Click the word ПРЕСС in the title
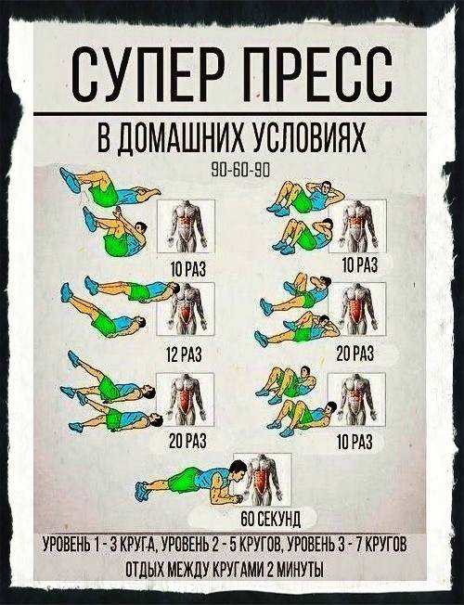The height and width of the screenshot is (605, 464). click(x=318, y=74)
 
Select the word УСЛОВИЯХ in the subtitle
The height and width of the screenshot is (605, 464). click(x=309, y=138)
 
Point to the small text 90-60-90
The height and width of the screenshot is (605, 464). click(x=239, y=169)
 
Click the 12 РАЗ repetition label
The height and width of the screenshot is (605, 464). click(x=184, y=354)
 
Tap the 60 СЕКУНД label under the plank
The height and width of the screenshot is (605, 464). click(x=270, y=519)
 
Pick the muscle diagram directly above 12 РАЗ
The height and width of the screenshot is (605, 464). click(x=186, y=309)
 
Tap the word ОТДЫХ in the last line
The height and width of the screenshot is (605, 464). click(x=145, y=570)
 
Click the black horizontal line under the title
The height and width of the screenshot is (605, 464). click(x=230, y=114)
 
